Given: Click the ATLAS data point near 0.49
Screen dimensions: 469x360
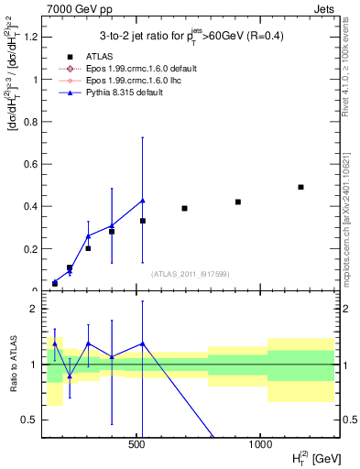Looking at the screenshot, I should tap(300, 187).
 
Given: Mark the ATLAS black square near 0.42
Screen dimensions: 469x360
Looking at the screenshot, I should tap(238, 202).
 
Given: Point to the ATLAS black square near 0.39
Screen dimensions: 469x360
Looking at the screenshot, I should tap(184, 208).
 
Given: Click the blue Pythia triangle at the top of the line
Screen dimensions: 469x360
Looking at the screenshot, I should tap(143, 201).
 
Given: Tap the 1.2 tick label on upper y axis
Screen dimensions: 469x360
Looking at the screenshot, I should tap(30, 38).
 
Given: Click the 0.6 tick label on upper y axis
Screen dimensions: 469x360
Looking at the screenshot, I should tap(30, 164).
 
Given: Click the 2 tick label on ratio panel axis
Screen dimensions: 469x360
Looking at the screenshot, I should tap(35, 309).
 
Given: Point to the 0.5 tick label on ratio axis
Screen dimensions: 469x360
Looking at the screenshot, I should tap(30, 420).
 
